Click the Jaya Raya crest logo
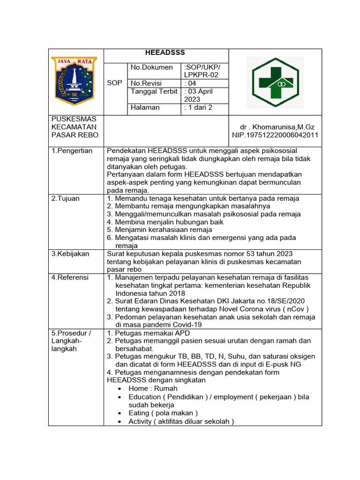[74, 81]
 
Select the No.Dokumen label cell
[152, 67]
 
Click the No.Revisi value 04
[190, 83]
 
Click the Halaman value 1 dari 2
[198, 107]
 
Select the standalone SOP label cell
[114, 82]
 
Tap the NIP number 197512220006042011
[275, 135]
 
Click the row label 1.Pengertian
[72, 150]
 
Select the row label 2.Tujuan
[66, 198]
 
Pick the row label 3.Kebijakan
[70, 254]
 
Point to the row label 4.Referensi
[70, 277]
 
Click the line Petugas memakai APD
[148, 333]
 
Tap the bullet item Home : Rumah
[153, 389]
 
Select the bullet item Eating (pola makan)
[163, 413]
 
